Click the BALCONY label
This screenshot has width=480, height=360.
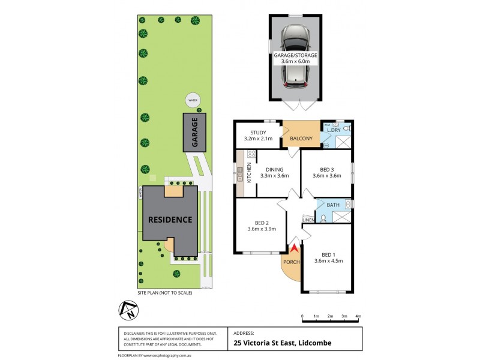click(301, 139)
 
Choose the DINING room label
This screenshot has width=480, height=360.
click(274, 170)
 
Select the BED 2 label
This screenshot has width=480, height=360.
click(261, 222)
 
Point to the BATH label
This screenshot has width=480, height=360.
click(333, 205)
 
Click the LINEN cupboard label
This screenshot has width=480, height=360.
click(308, 220)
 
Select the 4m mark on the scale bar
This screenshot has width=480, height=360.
click(358, 316)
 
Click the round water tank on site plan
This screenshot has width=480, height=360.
click(193, 100)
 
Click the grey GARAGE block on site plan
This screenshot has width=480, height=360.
click(195, 133)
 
